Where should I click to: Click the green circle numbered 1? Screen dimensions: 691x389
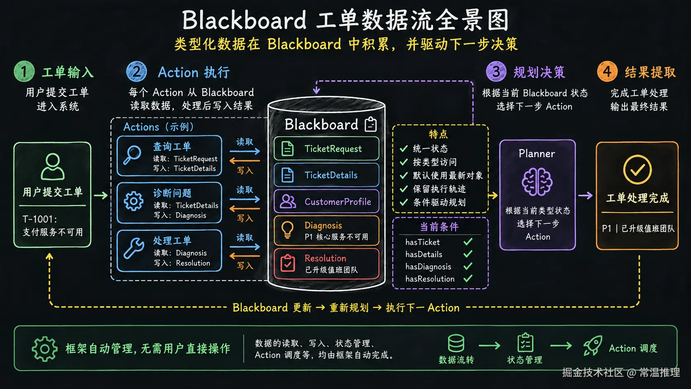click(24, 72)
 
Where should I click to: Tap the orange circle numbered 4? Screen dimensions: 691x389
click(607, 72)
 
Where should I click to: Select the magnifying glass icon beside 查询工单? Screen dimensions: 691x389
click(132, 155)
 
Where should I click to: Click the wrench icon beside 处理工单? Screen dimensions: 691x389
click(133, 248)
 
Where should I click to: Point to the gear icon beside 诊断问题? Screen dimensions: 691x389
click(133, 201)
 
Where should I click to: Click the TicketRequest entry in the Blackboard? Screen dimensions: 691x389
click(326, 149)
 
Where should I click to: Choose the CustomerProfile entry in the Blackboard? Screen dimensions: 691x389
click(326, 201)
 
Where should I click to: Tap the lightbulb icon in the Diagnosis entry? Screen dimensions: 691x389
click(287, 230)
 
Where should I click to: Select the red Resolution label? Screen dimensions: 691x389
click(325, 258)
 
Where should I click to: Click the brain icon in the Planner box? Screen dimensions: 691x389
click(537, 182)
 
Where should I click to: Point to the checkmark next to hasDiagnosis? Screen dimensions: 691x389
click(468, 266)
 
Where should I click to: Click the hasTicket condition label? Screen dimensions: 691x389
click(422, 242)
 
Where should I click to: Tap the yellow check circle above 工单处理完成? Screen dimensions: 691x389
click(637, 169)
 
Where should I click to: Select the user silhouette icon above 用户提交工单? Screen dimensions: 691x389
click(53, 167)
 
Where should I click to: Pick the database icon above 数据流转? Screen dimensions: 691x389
click(456, 344)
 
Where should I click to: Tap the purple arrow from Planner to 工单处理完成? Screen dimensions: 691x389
click(585, 196)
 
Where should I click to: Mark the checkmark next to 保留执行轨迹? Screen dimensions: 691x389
click(403, 189)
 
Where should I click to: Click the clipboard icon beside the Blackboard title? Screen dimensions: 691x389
click(370, 124)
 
